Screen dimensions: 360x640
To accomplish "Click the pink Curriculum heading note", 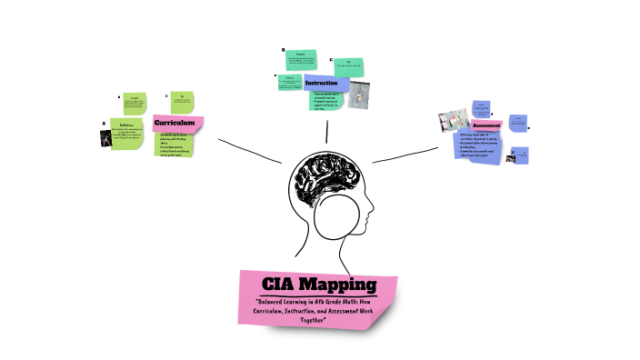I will [x=177, y=123].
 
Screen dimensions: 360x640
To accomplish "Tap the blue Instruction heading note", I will [x=321, y=83].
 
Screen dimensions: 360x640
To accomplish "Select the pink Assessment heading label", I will [x=486, y=125].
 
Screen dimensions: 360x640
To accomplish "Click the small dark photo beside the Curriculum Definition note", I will [x=106, y=138].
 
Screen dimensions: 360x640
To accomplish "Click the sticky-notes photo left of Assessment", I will [x=452, y=123].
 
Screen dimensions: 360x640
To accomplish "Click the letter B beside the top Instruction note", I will [x=283, y=50].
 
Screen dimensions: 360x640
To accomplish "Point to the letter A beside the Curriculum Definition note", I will [x=104, y=124].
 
